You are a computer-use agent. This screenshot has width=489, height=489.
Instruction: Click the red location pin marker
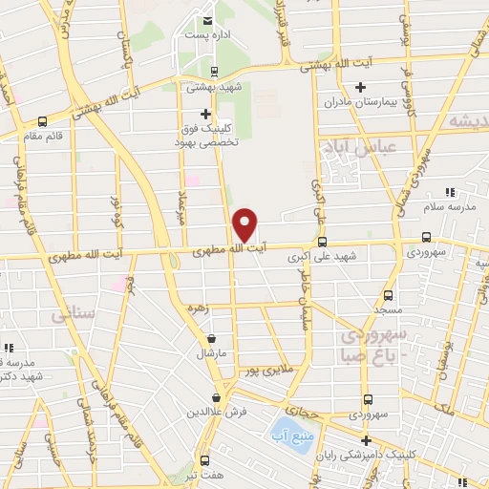245,223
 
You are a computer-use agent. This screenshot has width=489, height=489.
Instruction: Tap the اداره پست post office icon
206,21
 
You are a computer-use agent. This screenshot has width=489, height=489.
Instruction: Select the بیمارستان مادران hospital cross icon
360,89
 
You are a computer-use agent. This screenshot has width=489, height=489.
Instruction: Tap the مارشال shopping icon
211,339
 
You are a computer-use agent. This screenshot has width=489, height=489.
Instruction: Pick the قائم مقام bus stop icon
41,122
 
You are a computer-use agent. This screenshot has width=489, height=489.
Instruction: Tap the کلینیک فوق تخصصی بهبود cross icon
206,114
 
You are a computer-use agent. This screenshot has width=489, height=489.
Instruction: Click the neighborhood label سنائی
74,311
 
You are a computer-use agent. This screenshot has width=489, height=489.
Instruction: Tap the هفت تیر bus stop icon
202,459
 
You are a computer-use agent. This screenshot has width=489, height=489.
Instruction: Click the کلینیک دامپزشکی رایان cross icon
366,439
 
